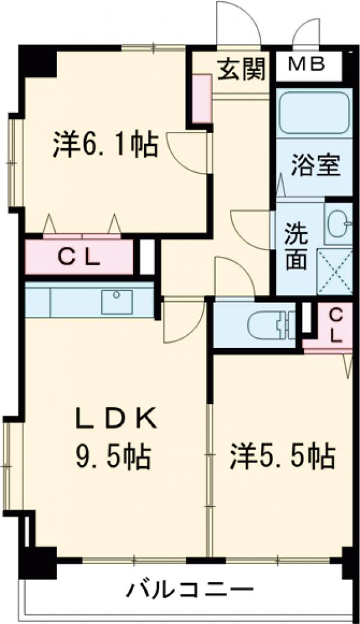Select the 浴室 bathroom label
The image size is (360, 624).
click(316, 165)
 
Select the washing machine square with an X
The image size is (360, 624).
click(335, 271)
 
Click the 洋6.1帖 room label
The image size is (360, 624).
click(106, 145)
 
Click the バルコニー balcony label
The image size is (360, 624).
click(190, 591)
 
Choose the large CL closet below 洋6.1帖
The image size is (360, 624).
click(79, 258)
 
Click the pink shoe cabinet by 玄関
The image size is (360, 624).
click(201, 98)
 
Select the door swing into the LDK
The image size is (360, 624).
click(182, 321)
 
